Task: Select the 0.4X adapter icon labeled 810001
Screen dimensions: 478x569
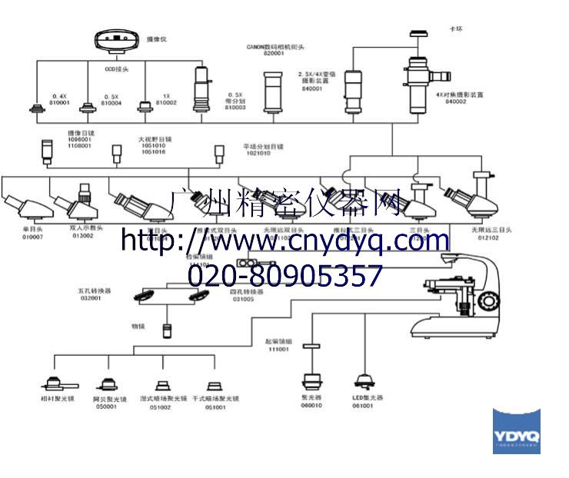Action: [x=36, y=109]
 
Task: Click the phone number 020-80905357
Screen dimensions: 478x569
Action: [x=285, y=275]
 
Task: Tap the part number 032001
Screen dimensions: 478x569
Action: [x=89, y=298]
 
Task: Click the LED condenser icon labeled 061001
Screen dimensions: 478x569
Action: [x=364, y=381]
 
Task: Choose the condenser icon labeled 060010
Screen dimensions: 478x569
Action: [x=312, y=381]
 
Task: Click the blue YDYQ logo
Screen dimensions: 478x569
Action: [x=516, y=431]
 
